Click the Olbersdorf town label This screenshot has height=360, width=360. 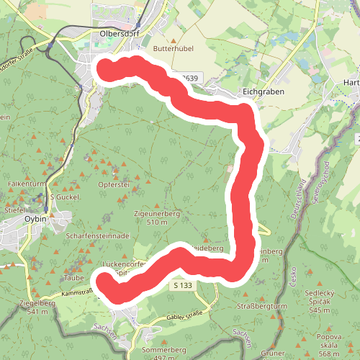point(119,34)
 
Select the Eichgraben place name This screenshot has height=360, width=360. point(264,92)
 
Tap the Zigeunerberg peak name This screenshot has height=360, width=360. point(156,214)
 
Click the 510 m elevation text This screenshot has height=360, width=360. point(156,222)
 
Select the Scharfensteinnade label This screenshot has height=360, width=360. point(96,235)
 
